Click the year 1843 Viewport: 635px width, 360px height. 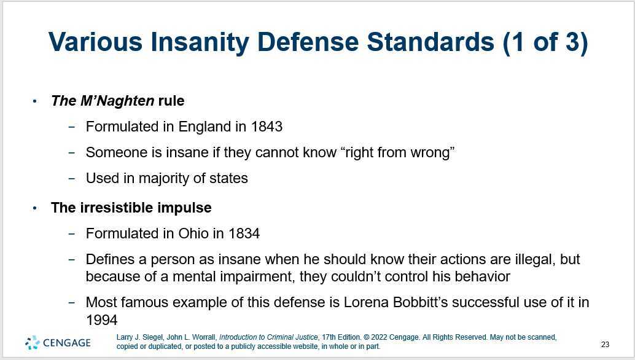tap(267, 127)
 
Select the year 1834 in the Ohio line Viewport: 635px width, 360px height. tap(244, 233)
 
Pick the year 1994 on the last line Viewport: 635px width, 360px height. tap(101, 319)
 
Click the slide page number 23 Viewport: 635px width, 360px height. tap(605, 345)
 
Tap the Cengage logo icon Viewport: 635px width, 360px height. tap(32, 343)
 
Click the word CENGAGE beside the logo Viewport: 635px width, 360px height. tap(67, 343)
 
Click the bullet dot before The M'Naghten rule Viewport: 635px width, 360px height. tap(35, 101)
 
